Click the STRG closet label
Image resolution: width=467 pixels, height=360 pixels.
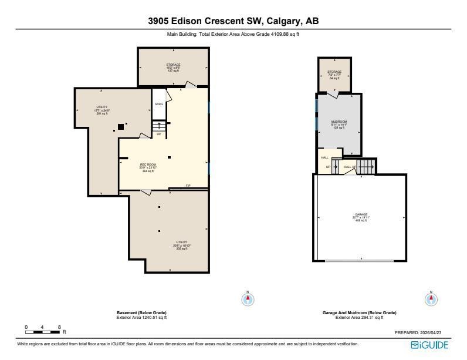[x=158, y=105]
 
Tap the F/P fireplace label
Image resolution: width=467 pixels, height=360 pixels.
[x=188, y=186]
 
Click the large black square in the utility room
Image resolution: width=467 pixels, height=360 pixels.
[x=120, y=126]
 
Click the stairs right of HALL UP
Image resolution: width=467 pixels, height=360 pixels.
[x=366, y=167]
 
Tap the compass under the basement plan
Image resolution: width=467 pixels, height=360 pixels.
[x=248, y=299]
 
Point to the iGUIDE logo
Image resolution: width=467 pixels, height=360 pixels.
[x=429, y=345]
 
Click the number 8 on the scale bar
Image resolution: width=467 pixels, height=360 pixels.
[x=59, y=327]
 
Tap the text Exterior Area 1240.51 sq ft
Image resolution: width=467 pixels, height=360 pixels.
[x=142, y=318]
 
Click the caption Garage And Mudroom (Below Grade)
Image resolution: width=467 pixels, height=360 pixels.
[x=359, y=313]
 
